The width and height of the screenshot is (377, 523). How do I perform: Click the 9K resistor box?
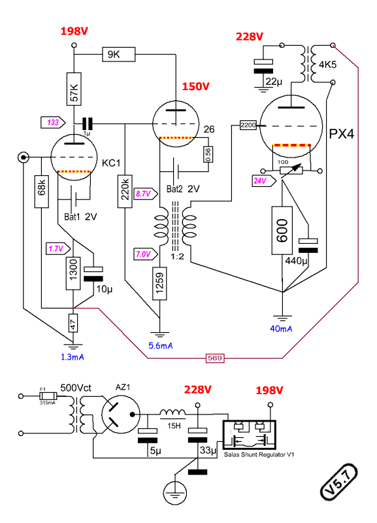(x=118, y=54)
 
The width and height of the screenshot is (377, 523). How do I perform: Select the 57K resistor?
(x=74, y=89)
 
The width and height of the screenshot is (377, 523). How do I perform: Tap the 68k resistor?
(x=41, y=191)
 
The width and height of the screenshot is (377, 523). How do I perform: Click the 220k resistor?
(x=125, y=191)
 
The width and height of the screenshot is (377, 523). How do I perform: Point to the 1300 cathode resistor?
(x=73, y=273)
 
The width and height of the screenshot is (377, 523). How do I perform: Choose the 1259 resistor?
(x=160, y=284)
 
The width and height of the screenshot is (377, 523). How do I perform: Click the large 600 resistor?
(x=282, y=231)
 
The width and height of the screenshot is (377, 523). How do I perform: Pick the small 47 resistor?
(x=73, y=323)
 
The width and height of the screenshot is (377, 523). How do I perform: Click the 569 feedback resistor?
(x=215, y=358)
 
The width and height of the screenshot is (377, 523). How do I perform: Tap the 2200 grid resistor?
(x=248, y=125)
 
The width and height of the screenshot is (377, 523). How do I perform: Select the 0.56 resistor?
(x=208, y=154)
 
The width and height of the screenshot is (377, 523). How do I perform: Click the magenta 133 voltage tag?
(x=54, y=122)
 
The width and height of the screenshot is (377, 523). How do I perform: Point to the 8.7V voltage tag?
(x=146, y=194)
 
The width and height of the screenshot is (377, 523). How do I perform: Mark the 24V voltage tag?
(x=264, y=181)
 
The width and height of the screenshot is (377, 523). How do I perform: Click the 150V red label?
(x=195, y=87)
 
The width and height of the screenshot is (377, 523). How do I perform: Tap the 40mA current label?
(x=281, y=329)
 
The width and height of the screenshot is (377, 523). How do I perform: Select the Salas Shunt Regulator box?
(x=250, y=435)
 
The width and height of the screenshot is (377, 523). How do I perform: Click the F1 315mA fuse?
(x=48, y=396)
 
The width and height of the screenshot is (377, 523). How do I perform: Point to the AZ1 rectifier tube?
(x=120, y=414)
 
